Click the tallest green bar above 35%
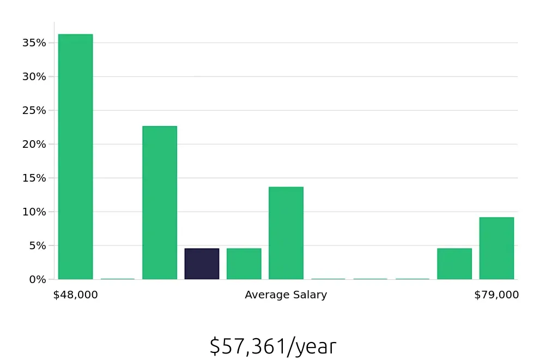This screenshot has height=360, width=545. (x=75, y=157)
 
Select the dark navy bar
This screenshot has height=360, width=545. (x=202, y=264)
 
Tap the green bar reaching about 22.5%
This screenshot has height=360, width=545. (x=160, y=202)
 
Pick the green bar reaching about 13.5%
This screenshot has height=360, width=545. (x=286, y=233)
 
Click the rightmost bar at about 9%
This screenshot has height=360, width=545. (x=496, y=248)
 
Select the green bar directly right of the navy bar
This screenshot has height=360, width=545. (x=244, y=264)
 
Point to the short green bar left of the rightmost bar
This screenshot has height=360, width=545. (x=455, y=264)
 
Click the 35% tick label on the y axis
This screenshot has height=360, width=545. (x=34, y=43)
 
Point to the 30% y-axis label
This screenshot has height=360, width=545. (x=34, y=76)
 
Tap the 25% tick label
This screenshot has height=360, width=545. (x=34, y=110)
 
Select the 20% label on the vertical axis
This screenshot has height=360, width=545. (x=34, y=144)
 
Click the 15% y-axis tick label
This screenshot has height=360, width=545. (x=34, y=178)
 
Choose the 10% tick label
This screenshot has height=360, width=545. (x=34, y=212)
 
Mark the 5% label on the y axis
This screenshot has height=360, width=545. (x=37, y=245)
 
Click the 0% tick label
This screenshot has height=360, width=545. (x=37, y=279)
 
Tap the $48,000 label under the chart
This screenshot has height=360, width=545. (x=75, y=295)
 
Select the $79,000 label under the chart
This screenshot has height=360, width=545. (x=496, y=295)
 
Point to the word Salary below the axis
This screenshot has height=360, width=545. (x=309, y=295)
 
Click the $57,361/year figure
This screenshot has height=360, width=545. (x=272, y=346)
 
